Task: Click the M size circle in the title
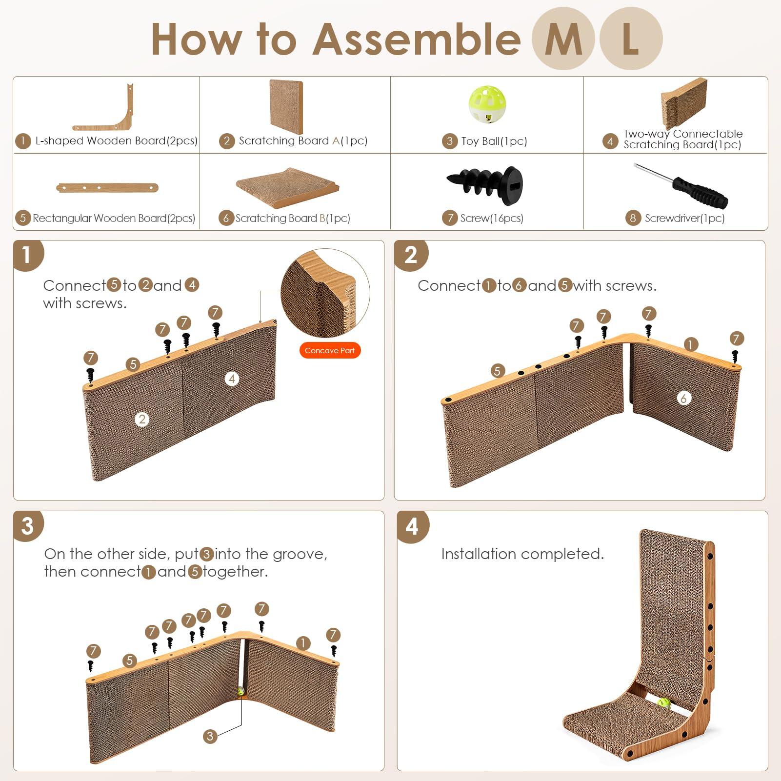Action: click(562, 39)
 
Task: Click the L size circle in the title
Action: click(631, 39)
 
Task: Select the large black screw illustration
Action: click(485, 184)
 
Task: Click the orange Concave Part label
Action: click(330, 350)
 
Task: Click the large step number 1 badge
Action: click(27, 255)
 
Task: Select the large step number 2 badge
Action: click(411, 255)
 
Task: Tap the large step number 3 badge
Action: click(27, 526)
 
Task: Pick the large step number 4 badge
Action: click(412, 526)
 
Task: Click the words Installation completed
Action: click(522, 554)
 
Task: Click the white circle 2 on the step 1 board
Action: click(142, 419)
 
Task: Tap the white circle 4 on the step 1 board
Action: click(232, 379)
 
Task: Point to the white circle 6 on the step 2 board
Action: click(683, 398)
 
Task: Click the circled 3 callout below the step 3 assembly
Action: click(210, 736)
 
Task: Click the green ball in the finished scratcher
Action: click(663, 703)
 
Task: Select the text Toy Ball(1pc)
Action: click(494, 141)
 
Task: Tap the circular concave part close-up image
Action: click(325, 292)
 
